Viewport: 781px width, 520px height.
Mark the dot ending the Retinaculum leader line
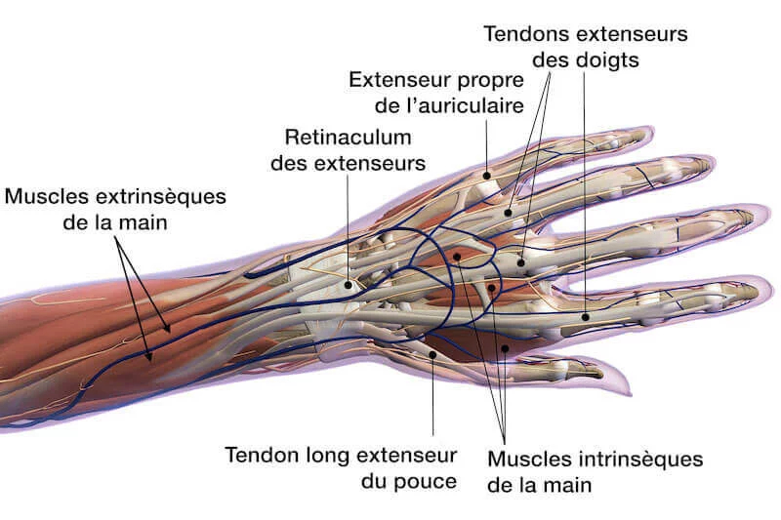click(348, 285)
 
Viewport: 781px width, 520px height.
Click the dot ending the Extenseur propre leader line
click(486, 176)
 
